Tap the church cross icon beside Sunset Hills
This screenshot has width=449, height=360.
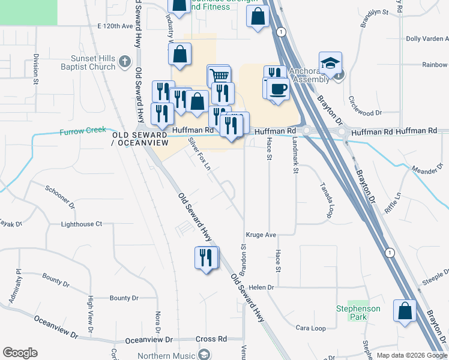click(x=125, y=61)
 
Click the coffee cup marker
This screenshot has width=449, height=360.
click(x=279, y=89)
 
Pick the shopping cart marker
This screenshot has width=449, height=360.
click(x=220, y=76)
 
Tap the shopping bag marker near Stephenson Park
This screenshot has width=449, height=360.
click(x=405, y=311)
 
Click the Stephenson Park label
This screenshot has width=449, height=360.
click(x=358, y=313)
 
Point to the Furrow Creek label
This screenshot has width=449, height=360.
click(x=83, y=130)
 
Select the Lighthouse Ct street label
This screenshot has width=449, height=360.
click(x=82, y=224)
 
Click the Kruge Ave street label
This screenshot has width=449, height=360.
click(x=260, y=235)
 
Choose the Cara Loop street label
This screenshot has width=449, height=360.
click(x=310, y=328)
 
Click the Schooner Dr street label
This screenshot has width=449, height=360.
click(x=60, y=196)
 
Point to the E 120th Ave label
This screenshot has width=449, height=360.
click(x=114, y=27)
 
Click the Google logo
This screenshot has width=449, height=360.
click(x=20, y=353)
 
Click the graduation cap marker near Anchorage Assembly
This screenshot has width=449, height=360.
click(x=330, y=63)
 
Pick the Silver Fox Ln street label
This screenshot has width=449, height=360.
click(x=199, y=154)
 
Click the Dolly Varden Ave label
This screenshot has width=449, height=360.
click(x=427, y=38)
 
